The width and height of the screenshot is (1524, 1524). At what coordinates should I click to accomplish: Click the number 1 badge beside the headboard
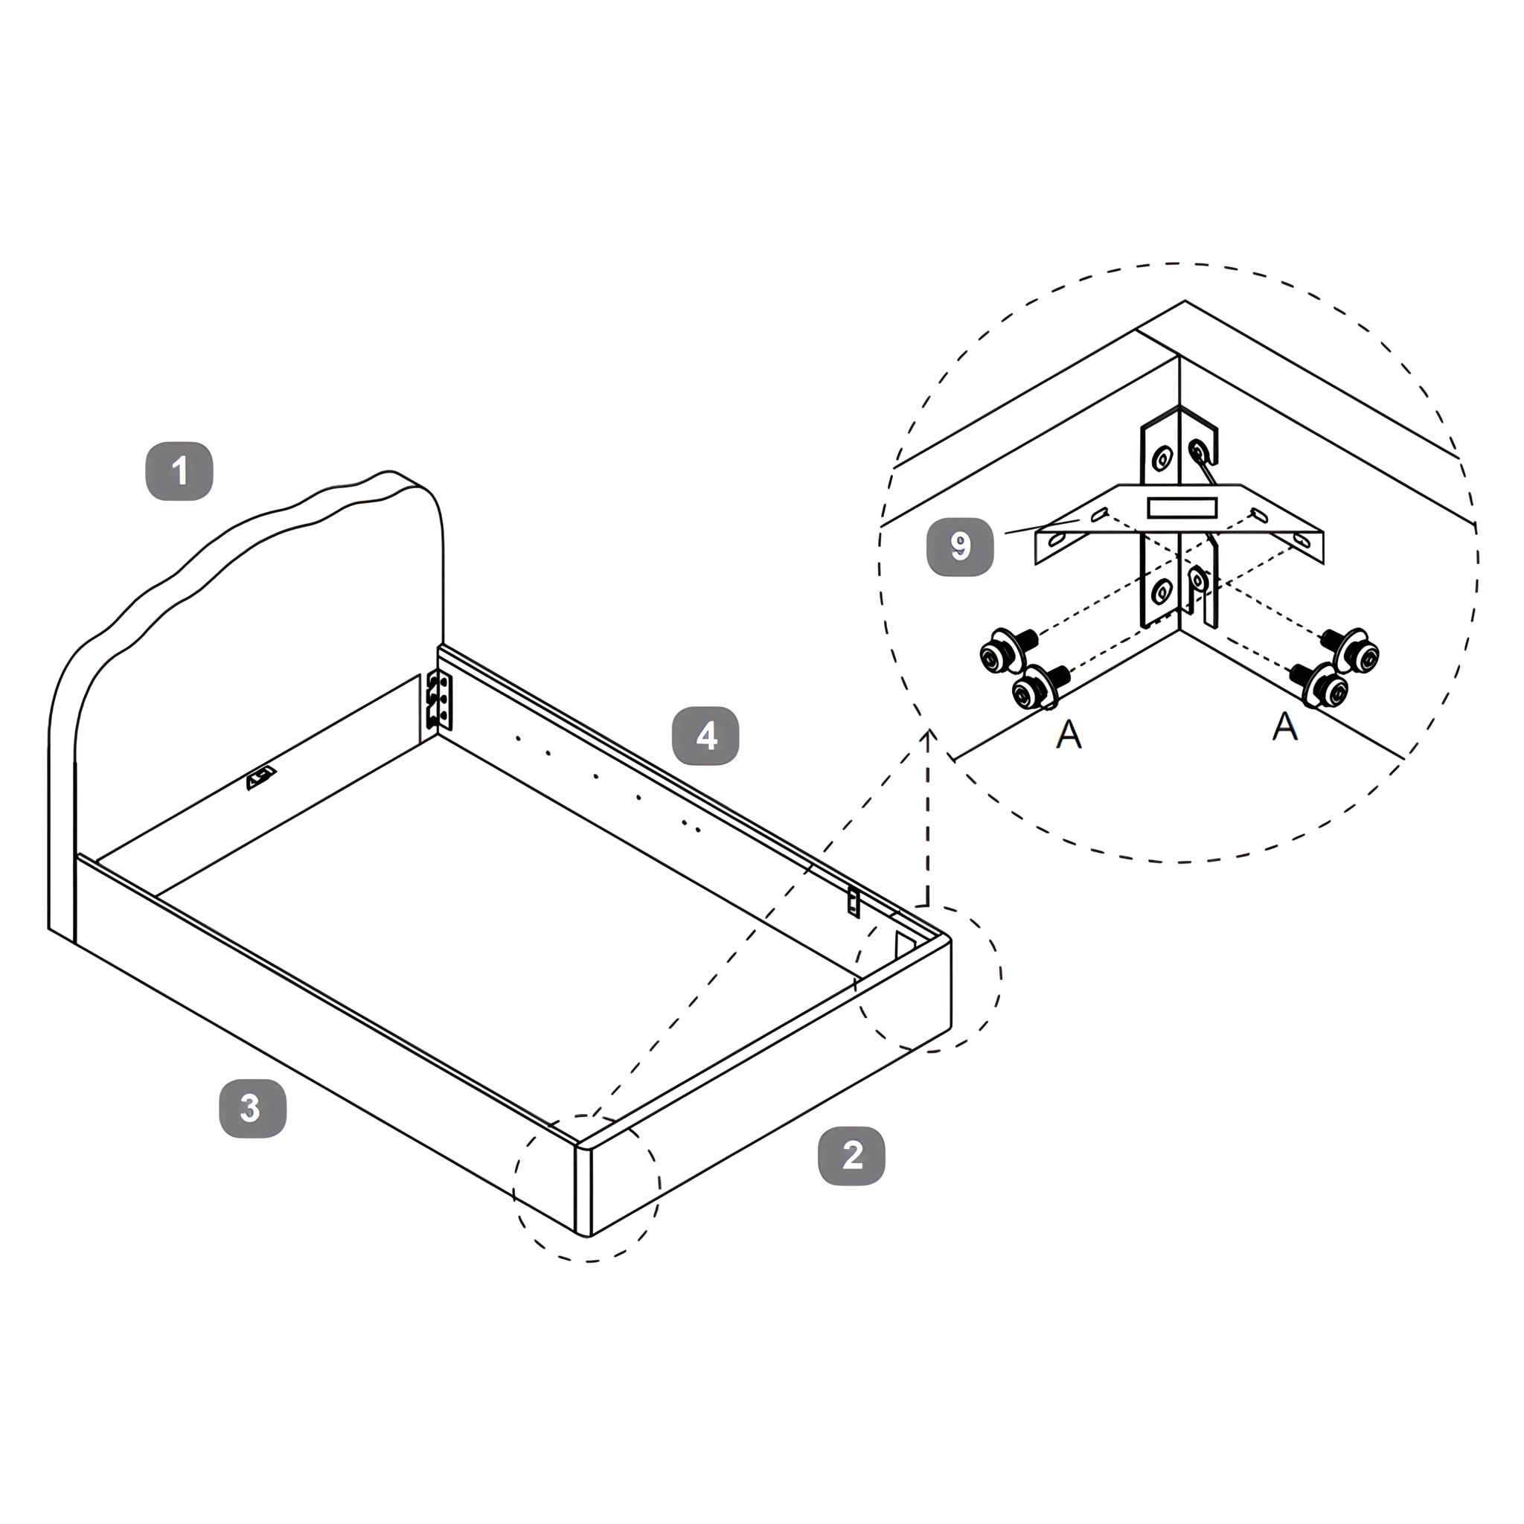pyautogui.click(x=180, y=471)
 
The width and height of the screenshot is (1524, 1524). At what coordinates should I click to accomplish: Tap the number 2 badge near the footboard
pyautogui.click(x=852, y=1156)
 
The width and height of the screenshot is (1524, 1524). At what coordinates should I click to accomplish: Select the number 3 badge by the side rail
pyautogui.click(x=252, y=1108)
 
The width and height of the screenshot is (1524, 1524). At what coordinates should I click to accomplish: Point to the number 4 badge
pyautogui.click(x=706, y=736)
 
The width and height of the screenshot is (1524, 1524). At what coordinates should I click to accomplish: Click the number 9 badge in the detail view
pyautogui.click(x=960, y=546)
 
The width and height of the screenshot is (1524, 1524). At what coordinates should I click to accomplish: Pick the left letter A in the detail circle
pyautogui.click(x=1069, y=734)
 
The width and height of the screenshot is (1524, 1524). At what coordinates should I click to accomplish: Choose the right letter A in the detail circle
pyautogui.click(x=1285, y=726)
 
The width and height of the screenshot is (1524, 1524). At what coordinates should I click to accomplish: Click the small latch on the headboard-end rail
pyautogui.click(x=262, y=778)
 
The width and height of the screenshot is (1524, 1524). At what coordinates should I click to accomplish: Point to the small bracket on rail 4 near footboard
pyautogui.click(x=854, y=901)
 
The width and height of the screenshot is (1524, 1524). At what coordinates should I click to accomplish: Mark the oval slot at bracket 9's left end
pyautogui.click(x=1056, y=540)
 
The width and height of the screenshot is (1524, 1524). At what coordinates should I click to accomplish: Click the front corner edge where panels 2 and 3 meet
pyautogui.click(x=583, y=1191)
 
